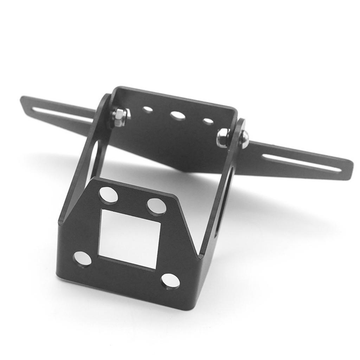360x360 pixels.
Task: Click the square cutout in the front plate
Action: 129,238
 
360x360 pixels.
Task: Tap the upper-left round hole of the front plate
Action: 109,195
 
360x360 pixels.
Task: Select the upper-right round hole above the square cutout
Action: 156,206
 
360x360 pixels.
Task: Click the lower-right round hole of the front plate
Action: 170,281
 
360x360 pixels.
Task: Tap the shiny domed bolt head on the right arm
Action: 244,140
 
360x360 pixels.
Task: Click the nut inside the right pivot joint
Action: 223,138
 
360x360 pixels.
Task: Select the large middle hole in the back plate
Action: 178,116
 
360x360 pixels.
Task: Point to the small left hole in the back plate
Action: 148,109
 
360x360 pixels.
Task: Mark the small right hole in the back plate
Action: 208,122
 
